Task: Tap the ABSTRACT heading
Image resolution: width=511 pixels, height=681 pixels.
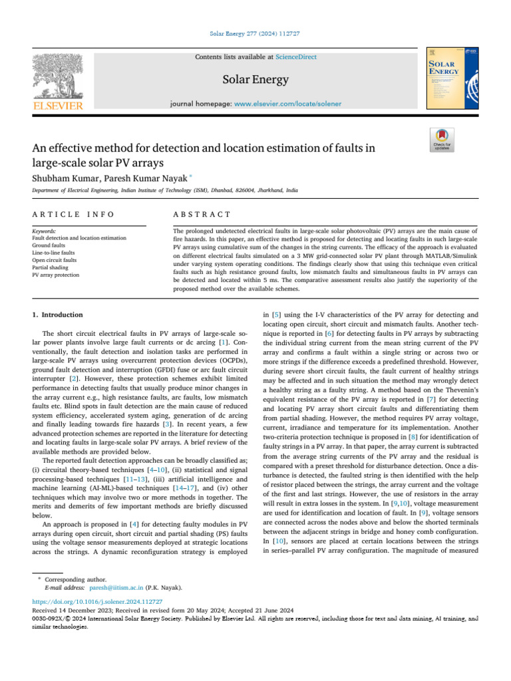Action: (x=202, y=214)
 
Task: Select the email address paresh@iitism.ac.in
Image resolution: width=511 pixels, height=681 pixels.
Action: (x=115, y=588)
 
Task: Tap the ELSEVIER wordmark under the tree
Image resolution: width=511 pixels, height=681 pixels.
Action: (x=58, y=106)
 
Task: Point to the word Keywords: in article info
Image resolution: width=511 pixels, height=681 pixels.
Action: (x=44, y=230)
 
